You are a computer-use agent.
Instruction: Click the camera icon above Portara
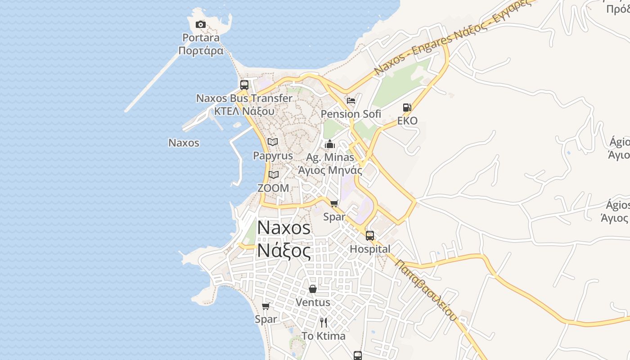[201, 24]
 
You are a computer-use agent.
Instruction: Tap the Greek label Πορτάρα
[201, 50]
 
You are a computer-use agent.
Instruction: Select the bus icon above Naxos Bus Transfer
[244, 85]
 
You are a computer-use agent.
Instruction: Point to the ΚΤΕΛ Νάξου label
[244, 111]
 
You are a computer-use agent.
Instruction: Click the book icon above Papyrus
[273, 142]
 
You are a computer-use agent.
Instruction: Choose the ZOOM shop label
[273, 188]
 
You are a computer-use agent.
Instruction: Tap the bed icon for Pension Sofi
[351, 100]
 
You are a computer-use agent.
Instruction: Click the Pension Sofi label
[351, 114]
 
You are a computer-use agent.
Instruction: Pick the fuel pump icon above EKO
[407, 108]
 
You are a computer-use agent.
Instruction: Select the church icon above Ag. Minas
[330, 144]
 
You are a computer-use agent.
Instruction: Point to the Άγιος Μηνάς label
[330, 171]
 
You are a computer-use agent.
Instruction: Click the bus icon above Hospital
[370, 235]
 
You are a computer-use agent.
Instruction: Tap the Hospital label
[370, 249]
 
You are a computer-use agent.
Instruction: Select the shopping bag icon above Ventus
[313, 288]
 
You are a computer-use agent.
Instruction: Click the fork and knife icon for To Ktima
[324, 322]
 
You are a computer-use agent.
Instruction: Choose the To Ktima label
[324, 336]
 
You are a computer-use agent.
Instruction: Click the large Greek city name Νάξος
[284, 250]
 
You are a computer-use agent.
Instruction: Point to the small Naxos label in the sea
[184, 143]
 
